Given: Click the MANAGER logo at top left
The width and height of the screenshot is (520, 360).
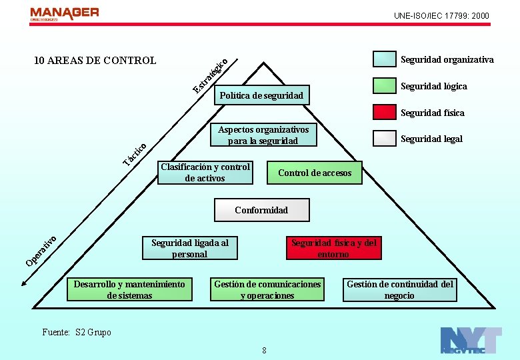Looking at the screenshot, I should click(x=65, y=13).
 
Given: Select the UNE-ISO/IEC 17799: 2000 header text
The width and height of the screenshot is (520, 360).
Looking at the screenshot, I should click(x=441, y=15).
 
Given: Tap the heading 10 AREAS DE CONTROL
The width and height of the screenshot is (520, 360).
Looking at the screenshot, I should click(x=95, y=61).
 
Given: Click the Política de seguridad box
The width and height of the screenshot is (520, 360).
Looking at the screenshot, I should click(x=262, y=95).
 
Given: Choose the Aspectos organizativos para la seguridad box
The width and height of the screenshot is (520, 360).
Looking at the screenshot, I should click(x=263, y=135).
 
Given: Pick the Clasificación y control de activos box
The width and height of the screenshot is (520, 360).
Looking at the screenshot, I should click(x=205, y=173).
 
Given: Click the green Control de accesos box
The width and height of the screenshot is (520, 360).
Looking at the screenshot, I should click(x=315, y=173).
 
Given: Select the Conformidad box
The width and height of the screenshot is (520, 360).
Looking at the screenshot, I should click(x=261, y=210).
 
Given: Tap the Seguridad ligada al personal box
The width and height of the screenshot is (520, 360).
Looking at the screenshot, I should click(x=190, y=248).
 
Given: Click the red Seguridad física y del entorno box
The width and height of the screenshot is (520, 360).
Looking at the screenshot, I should click(x=333, y=248).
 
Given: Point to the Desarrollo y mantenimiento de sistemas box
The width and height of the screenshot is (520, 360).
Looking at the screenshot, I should click(x=129, y=289).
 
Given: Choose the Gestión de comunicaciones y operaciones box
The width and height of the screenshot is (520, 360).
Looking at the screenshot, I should click(x=267, y=289).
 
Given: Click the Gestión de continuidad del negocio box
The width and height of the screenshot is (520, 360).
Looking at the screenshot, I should click(x=399, y=289).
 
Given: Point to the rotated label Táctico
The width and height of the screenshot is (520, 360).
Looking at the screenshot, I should click(x=135, y=154).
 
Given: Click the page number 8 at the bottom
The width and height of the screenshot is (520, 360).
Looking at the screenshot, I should click(x=265, y=351).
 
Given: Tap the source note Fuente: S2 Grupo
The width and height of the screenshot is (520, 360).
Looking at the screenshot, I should click(x=77, y=332).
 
